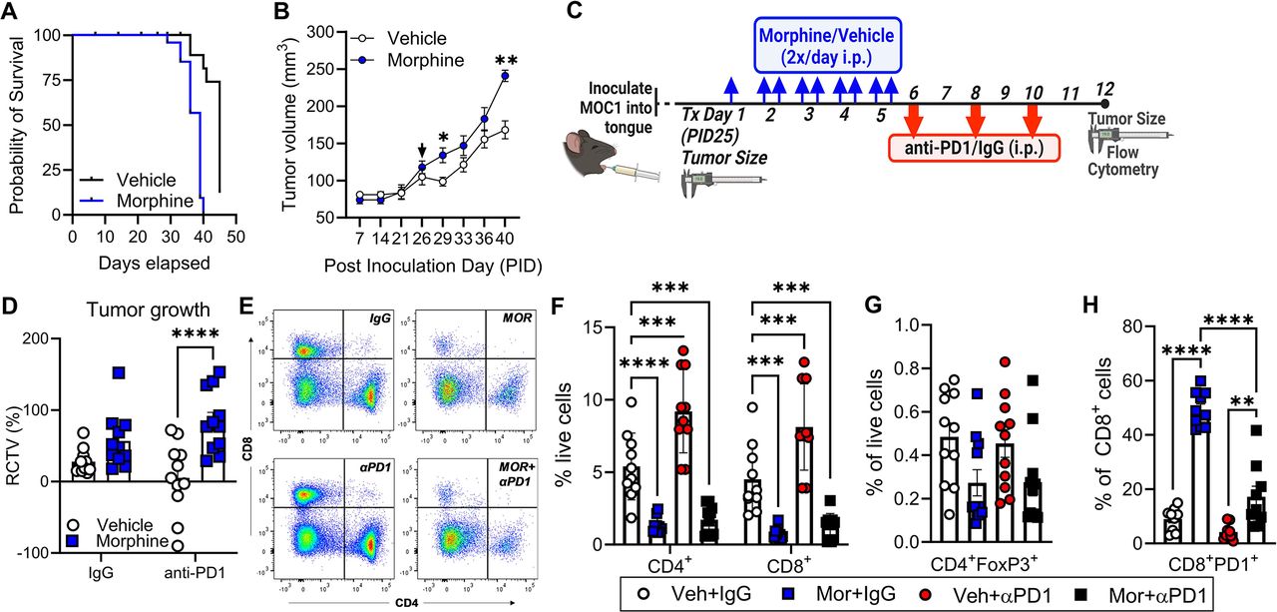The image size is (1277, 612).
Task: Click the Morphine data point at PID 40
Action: (506, 75)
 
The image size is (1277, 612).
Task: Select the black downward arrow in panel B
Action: (422, 151)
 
